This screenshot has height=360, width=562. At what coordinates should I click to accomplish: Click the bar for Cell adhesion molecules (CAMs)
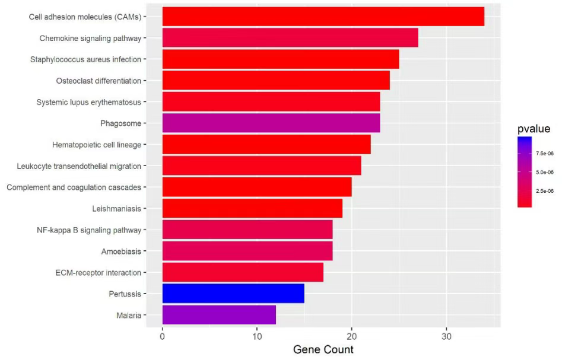[x=323, y=17]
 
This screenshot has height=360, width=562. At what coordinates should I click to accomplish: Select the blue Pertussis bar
[x=233, y=294]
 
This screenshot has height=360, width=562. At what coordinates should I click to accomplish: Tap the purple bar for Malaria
[x=219, y=315]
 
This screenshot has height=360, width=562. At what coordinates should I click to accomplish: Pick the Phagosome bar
[x=271, y=123]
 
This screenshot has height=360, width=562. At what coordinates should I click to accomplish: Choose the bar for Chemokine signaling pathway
[x=290, y=38]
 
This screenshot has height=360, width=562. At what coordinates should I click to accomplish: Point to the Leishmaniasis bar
[x=252, y=208]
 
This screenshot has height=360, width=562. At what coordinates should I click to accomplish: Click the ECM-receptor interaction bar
[x=243, y=272]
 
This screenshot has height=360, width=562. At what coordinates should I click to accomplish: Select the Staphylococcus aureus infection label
[x=85, y=59]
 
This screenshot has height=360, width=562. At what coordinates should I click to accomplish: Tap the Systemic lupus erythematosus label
[x=88, y=102]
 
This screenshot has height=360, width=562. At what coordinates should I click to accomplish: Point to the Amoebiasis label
[x=121, y=251]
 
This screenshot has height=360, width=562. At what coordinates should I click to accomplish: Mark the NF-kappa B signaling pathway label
[x=89, y=230]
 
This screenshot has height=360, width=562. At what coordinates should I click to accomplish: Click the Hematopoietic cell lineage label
[x=97, y=145]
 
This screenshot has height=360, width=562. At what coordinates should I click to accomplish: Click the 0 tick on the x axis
[x=163, y=336]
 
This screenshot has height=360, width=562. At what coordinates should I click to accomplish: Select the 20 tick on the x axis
[x=352, y=336]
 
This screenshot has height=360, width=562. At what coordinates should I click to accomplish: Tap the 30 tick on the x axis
[x=446, y=336]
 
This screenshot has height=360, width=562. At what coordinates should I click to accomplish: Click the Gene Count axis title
[x=323, y=349]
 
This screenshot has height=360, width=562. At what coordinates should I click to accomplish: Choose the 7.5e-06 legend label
[x=545, y=153]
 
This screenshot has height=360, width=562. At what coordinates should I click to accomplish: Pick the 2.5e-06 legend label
[x=545, y=190]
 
